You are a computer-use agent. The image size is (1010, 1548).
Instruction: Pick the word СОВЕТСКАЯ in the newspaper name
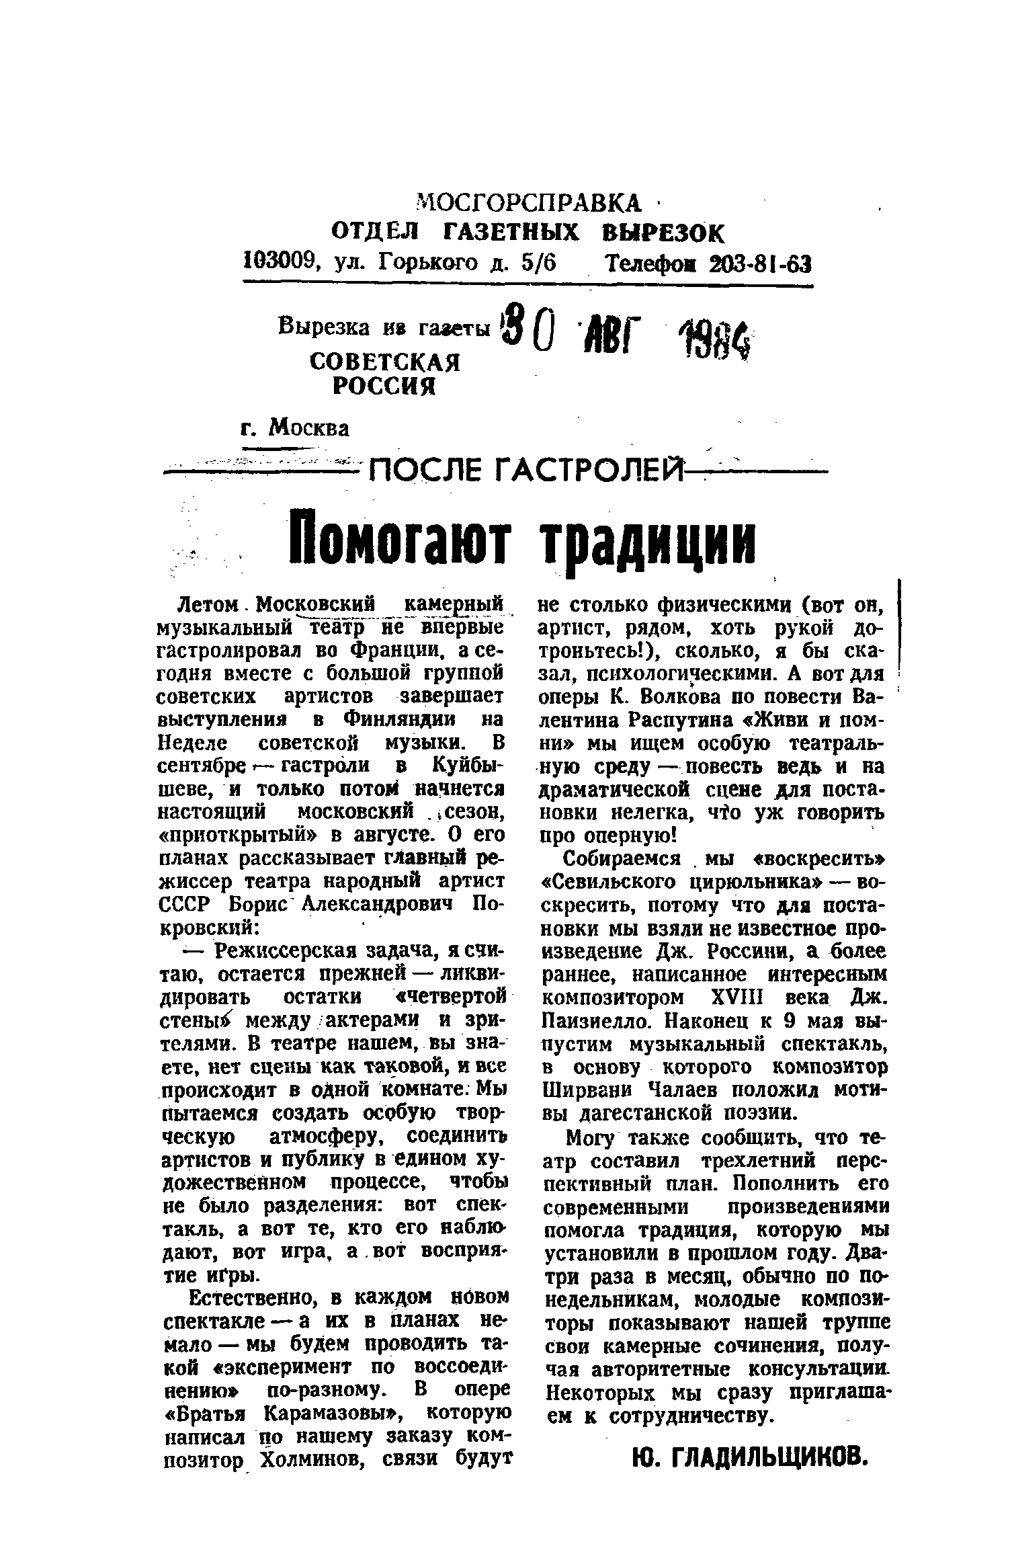[x=384, y=363]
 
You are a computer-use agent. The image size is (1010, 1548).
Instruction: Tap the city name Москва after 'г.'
[x=308, y=427]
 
